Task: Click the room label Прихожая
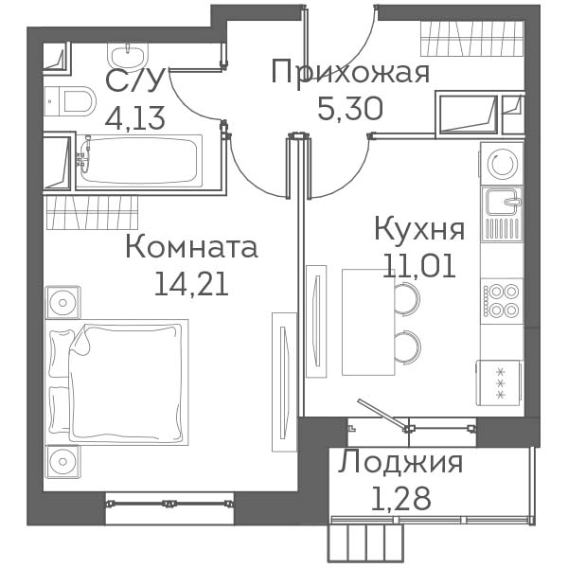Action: tap(350, 73)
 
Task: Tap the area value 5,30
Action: tap(350, 109)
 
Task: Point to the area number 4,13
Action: tap(134, 117)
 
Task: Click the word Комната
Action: tap(191, 247)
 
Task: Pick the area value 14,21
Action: tap(191, 284)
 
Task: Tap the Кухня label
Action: tap(419, 229)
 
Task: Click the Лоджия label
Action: tap(400, 462)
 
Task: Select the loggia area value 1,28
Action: tap(401, 498)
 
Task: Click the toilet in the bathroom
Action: tap(70, 101)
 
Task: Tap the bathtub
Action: tap(139, 161)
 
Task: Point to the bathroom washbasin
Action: tap(128, 55)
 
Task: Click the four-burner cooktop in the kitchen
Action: tap(502, 301)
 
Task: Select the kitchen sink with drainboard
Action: tap(502, 215)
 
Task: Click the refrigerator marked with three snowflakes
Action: tap(499, 382)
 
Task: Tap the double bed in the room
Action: tap(117, 382)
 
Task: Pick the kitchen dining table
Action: tap(368, 322)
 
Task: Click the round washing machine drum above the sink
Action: tap(502, 164)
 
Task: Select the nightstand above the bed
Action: tap(63, 302)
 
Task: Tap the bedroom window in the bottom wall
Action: tap(169, 504)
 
